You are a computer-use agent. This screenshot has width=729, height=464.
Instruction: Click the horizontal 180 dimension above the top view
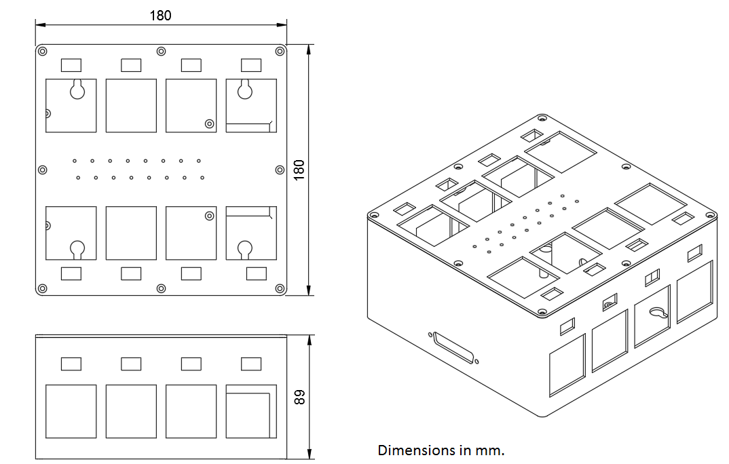click(x=160, y=16)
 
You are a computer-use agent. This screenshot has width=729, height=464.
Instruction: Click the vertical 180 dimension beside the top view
click(x=298, y=169)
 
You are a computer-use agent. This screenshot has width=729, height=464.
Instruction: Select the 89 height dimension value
click(x=298, y=397)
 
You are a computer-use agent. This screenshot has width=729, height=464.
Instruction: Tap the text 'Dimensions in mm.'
click(x=441, y=450)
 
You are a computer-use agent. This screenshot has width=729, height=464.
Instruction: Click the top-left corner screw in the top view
click(x=42, y=51)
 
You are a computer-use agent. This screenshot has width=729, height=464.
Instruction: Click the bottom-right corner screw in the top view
click(x=280, y=289)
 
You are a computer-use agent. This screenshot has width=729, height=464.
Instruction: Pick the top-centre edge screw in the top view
click(x=161, y=51)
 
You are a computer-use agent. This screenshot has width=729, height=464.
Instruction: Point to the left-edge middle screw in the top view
click(x=42, y=170)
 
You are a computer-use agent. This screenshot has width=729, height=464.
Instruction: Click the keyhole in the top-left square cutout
click(x=77, y=90)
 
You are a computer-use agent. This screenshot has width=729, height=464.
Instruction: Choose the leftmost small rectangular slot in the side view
click(x=71, y=364)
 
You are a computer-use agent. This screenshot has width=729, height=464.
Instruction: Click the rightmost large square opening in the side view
click(x=251, y=412)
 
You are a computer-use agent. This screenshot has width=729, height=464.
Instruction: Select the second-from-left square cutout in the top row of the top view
click(x=131, y=105)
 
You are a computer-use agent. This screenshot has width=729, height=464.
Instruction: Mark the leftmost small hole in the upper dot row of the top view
click(x=75, y=161)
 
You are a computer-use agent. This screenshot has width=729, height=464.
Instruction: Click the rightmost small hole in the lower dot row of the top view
click(x=202, y=178)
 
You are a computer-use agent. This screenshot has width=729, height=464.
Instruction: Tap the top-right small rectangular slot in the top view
click(x=251, y=65)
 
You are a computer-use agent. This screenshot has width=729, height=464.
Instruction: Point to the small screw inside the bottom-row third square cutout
click(x=209, y=216)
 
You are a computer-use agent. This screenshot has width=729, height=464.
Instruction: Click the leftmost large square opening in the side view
click(x=71, y=412)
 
